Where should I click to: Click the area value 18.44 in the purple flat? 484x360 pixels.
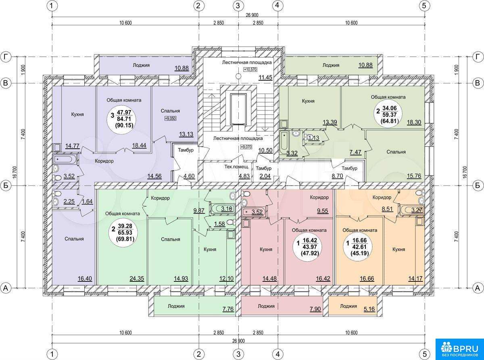139,146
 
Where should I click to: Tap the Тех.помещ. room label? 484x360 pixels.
237,167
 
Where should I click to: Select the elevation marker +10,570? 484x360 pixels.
250,70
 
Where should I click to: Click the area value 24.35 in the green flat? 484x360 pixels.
137,279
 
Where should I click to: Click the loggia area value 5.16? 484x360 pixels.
369,309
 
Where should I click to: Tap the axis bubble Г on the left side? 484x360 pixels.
6,57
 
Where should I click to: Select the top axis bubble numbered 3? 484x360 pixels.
238,6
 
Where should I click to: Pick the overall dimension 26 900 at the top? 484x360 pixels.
252,15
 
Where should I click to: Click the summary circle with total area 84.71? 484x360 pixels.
121,119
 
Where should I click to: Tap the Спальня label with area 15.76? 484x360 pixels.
396,152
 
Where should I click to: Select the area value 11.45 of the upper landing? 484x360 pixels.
265,77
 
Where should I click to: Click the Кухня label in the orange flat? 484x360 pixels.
398,250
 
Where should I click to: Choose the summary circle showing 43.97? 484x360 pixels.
307,247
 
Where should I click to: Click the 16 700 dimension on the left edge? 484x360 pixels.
15,173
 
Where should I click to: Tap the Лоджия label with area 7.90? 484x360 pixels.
266,306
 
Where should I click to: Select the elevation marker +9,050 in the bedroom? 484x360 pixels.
170,119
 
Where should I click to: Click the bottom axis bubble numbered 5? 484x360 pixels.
424,354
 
